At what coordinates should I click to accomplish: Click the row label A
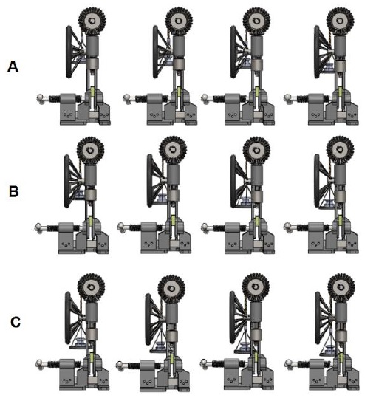(x=13, y=66)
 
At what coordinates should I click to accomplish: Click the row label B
(x=14, y=191)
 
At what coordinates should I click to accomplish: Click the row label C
(x=16, y=323)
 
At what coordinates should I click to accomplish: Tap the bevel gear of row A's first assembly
(x=92, y=21)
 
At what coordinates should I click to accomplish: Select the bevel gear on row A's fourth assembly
(x=341, y=21)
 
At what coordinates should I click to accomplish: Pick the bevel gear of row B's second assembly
(x=173, y=150)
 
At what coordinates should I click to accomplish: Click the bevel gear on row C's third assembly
(x=256, y=287)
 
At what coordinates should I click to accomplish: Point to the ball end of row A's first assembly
(x=41, y=98)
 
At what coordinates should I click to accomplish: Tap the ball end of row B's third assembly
(x=205, y=227)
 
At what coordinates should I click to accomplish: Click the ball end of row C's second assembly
(x=120, y=365)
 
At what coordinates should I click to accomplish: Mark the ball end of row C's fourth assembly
(x=288, y=363)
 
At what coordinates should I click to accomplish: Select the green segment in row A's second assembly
(x=180, y=91)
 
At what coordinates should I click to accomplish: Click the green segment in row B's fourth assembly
(x=340, y=220)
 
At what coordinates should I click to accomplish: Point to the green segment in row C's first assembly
(x=92, y=357)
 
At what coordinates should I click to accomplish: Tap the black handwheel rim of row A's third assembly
(x=233, y=52)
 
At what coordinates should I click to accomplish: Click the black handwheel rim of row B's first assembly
(x=66, y=181)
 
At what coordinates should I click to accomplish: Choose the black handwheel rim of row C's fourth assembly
(x=318, y=318)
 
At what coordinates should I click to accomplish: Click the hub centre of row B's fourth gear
(x=340, y=150)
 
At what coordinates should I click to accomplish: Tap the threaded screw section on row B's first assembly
(x=52, y=227)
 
